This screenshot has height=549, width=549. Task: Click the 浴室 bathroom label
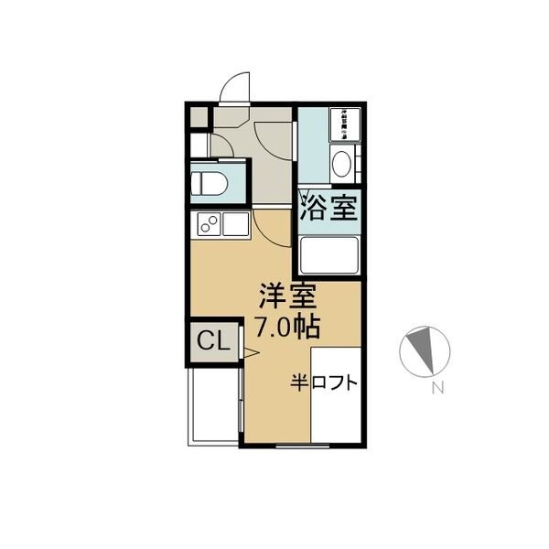click(327, 210)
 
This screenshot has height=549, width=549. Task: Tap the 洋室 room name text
click(286, 297)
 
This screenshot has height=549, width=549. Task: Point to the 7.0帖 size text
click(286, 328)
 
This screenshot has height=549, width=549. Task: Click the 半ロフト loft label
click(324, 382)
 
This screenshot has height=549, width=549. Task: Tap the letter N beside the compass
click(437, 388)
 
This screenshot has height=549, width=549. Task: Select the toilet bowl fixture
click(210, 181)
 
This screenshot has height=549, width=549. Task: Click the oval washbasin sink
click(340, 165)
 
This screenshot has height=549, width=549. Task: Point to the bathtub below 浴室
click(328, 255)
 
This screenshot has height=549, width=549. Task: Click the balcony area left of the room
click(213, 408)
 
